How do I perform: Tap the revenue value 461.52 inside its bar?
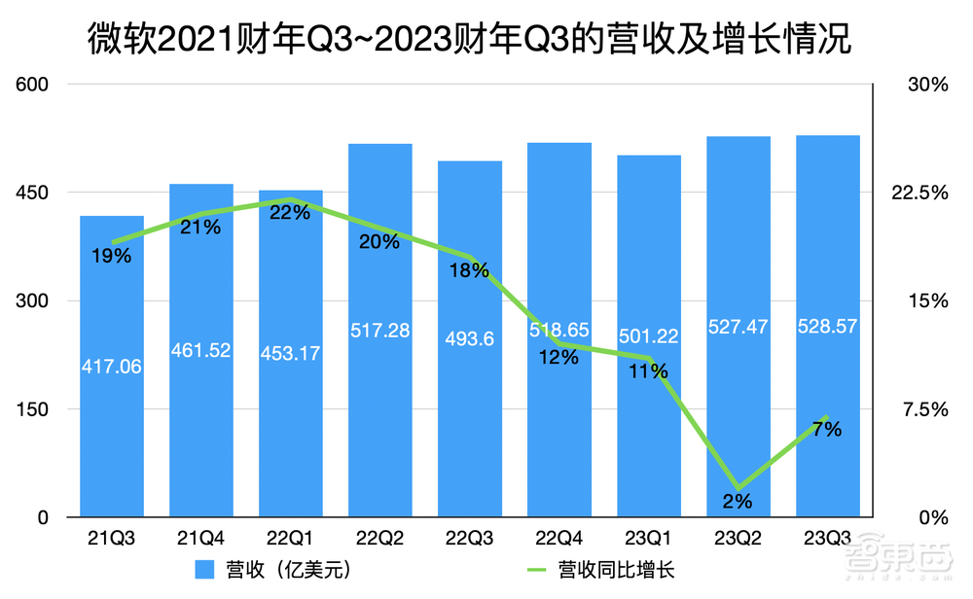(201, 350)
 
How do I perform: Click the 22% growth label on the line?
(291, 213)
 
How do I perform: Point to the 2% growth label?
(738, 502)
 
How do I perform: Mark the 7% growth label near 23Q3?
(827, 429)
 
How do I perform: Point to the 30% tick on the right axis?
(927, 85)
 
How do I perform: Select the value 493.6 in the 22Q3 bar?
(470, 339)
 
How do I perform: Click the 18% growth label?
(470, 271)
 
